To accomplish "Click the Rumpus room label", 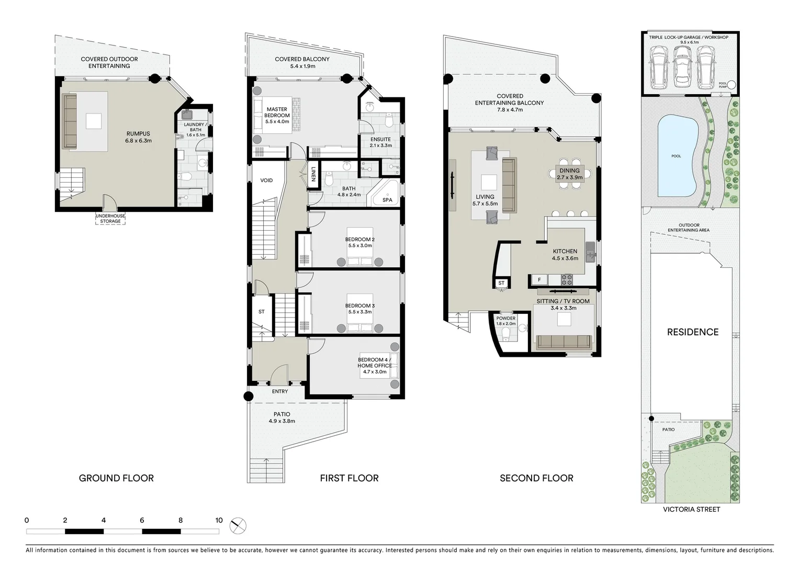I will click(138, 134).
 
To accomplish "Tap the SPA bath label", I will click(387, 200).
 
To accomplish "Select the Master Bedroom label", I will click(277, 112).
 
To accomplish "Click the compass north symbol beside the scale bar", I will click(238, 525).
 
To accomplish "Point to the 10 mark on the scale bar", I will click(219, 521).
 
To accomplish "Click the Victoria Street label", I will click(691, 510).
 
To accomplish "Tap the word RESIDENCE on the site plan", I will click(692, 332).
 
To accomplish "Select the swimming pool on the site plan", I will click(677, 156).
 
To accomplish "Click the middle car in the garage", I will click(681, 66).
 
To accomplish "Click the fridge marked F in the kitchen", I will click(539, 280).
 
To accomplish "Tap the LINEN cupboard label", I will click(313, 174).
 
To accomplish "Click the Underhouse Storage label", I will click(110, 219).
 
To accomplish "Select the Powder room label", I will click(505, 318).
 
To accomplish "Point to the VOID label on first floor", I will click(266, 180).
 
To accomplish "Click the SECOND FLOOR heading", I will click(536, 478).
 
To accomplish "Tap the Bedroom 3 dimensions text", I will click(359, 312).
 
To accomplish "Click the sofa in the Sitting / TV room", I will click(564, 342).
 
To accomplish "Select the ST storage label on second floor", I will click(501, 283).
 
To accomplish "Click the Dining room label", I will click(569, 171).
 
